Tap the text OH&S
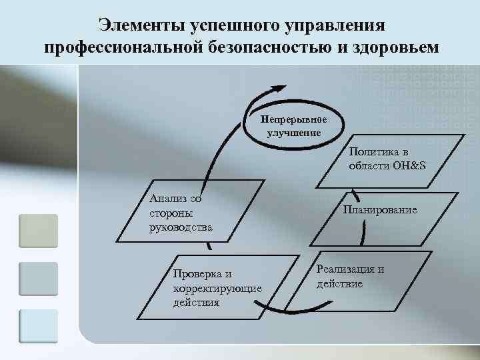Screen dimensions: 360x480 click(x=406, y=165)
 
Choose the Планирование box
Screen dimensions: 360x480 click(x=380, y=211)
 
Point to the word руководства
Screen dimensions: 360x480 click(x=181, y=227)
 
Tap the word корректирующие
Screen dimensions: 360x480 click(x=217, y=288)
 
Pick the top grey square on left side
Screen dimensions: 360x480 click(x=39, y=231)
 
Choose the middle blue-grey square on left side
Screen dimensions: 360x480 click(x=39, y=279)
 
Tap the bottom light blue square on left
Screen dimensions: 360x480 click(x=39, y=326)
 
